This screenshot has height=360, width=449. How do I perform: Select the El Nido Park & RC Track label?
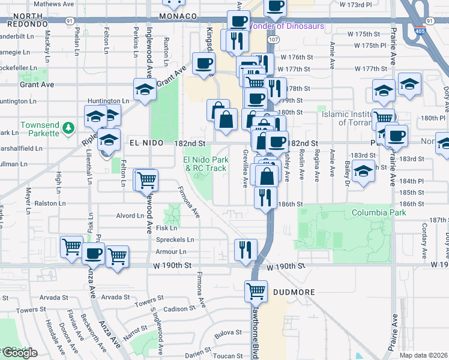(x=205, y=164)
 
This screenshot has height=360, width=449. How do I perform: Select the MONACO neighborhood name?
(x=179, y=16)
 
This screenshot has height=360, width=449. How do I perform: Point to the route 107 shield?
(x=274, y=39)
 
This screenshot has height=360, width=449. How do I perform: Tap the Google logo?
(x=20, y=353)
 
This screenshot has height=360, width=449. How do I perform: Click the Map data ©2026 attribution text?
(x=423, y=355)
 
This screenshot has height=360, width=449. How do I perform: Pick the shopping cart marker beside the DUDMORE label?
(x=256, y=292)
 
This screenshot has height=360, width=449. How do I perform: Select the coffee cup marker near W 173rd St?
(x=275, y=6)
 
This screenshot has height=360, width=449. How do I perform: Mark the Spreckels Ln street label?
(x=174, y=239)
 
